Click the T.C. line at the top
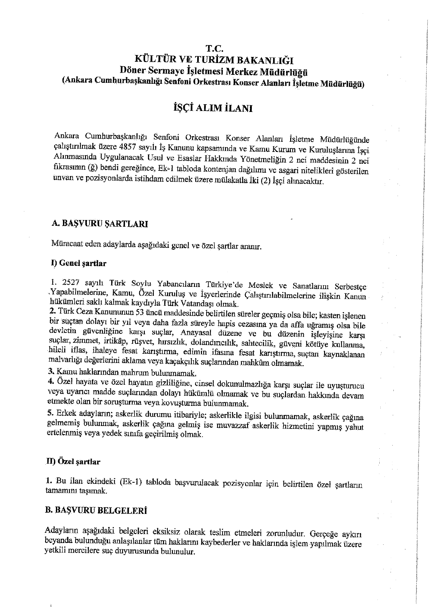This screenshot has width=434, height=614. click(x=213, y=49)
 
